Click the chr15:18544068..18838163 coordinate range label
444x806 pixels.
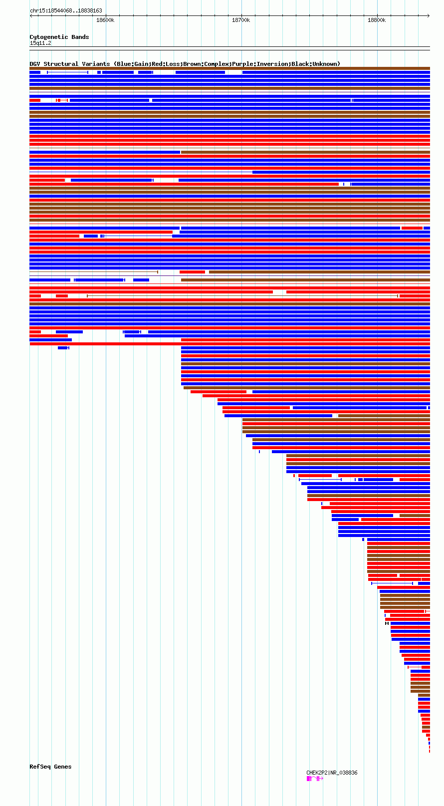[x=66, y=10]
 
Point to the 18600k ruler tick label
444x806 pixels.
[x=105, y=20]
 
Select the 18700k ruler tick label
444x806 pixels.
[x=241, y=20]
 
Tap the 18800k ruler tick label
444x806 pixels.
[x=377, y=20]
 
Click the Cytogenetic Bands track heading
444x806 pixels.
[x=59, y=37]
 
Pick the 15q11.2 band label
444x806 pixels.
[x=40, y=43]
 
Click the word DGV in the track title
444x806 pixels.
[x=35, y=64]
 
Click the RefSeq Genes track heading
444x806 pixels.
[x=50, y=767]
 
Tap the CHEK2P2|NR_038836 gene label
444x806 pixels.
[x=332, y=773]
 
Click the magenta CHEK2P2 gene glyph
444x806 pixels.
[x=314, y=779]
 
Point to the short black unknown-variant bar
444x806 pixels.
[x=387, y=623]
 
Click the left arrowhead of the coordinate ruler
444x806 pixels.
[x=31, y=15]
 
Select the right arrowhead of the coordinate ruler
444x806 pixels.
[x=429, y=15]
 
